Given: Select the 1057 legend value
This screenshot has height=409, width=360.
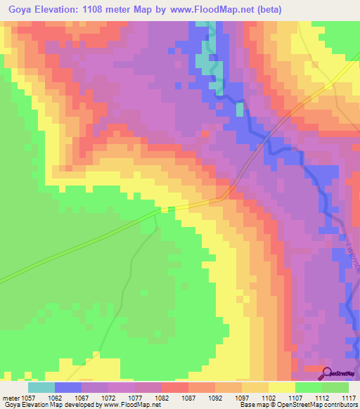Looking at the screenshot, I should tap(27, 398).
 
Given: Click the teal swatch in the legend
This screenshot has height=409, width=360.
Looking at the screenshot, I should tap(41, 387).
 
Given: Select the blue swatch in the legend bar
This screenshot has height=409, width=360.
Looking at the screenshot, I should tap(67, 387).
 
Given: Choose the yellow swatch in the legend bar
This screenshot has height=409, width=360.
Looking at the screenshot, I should tap(281, 387).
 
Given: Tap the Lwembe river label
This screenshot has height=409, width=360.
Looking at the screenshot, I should tap(349, 252).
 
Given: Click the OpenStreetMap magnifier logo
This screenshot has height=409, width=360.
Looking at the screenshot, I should tap(326, 372).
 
